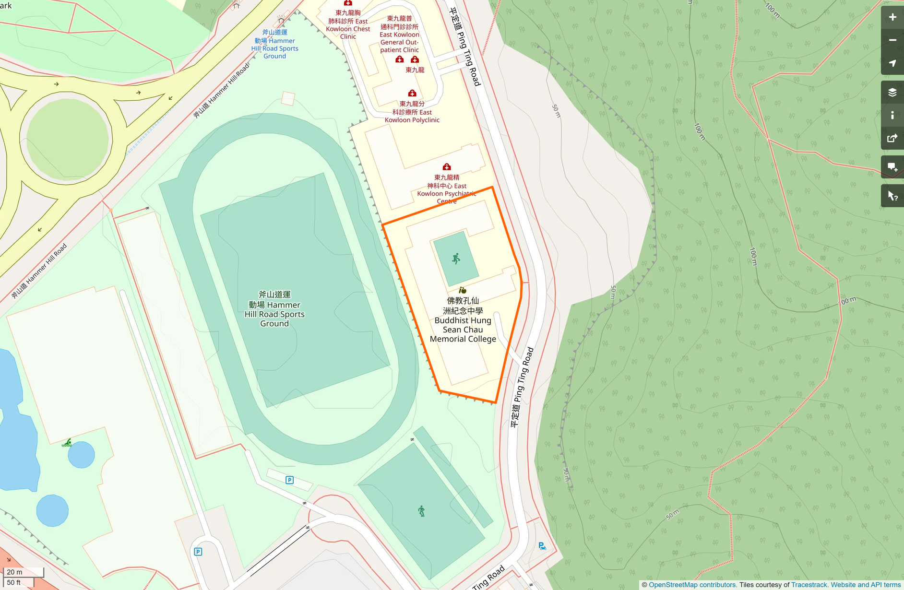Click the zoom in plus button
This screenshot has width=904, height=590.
(x=892, y=17)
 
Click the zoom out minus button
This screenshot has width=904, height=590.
(x=892, y=40)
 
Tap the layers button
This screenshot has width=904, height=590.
(x=892, y=92)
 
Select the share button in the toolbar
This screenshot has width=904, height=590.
(x=892, y=138)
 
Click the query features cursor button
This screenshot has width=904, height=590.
(x=892, y=196)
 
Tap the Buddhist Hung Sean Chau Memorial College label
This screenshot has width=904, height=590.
(x=463, y=320)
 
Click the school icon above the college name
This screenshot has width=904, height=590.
(x=462, y=290)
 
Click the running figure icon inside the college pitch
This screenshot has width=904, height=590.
(x=456, y=259)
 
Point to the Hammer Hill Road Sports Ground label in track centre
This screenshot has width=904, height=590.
(x=274, y=309)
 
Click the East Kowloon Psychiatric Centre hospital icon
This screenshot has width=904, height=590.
(x=447, y=167)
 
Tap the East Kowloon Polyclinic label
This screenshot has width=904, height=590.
(x=412, y=112)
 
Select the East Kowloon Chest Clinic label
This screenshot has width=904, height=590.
(x=348, y=24)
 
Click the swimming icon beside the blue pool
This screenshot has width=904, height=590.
(x=67, y=443)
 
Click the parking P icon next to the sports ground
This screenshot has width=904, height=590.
(x=289, y=480)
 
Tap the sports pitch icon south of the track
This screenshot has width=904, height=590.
(x=421, y=511)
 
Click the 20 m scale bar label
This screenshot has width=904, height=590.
(x=15, y=572)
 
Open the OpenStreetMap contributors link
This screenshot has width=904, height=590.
(x=692, y=585)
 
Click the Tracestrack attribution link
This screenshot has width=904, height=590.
(x=809, y=585)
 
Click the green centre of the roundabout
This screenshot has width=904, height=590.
(x=67, y=137)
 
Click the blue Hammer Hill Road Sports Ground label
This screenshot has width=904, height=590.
(x=274, y=44)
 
